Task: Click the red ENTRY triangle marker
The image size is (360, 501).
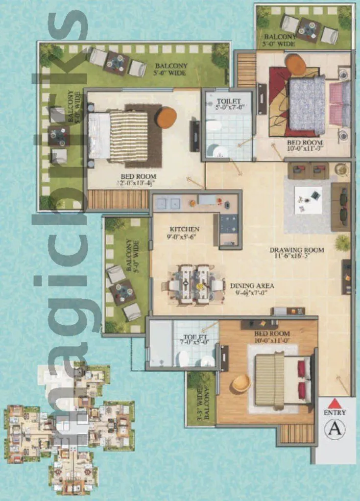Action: [334, 404]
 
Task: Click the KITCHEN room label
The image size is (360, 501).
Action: [184, 229]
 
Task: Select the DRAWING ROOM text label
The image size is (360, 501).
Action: [297, 250]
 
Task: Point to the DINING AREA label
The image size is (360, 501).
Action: [252, 286]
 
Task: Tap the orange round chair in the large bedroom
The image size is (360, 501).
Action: [167, 117]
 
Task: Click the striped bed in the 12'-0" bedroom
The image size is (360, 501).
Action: [128, 137]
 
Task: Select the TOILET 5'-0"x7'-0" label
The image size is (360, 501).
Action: [227, 104]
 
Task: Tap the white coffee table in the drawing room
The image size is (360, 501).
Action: [308, 199]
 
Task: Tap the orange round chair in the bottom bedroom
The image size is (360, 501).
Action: [241, 383]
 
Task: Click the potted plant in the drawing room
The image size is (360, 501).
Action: [343, 242]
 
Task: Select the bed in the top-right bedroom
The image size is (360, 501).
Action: [308, 105]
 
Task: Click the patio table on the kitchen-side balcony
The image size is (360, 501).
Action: [123, 292]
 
